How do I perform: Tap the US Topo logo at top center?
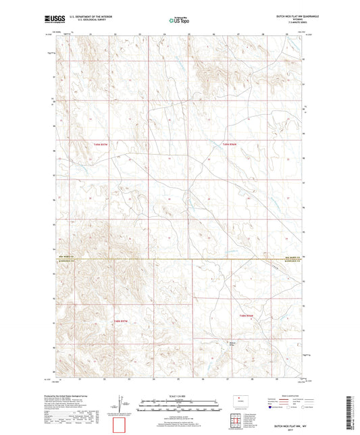coord(179,21)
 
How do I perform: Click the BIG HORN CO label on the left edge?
coord(66,257)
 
